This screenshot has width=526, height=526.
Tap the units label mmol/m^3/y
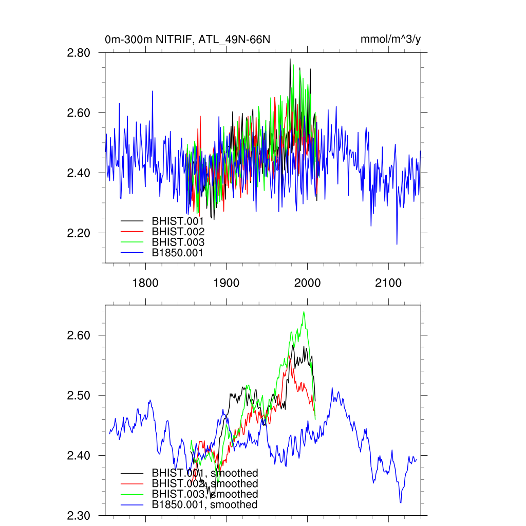point(391,40)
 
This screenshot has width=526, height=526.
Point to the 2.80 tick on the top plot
point(79,52)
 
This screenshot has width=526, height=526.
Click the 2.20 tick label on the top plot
point(79,233)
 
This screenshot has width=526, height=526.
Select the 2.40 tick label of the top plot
point(79,173)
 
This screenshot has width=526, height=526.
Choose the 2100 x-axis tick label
point(388,283)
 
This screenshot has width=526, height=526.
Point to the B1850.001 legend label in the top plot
point(178,253)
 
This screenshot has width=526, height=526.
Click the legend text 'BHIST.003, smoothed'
point(204,494)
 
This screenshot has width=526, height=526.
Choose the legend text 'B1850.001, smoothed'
point(204,505)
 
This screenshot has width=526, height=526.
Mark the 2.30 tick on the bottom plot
point(79,515)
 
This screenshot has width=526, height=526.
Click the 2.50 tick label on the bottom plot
point(79,395)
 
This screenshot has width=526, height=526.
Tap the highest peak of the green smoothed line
point(304,312)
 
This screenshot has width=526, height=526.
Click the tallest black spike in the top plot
point(290,59)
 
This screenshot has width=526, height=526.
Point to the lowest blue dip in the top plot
point(397,245)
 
